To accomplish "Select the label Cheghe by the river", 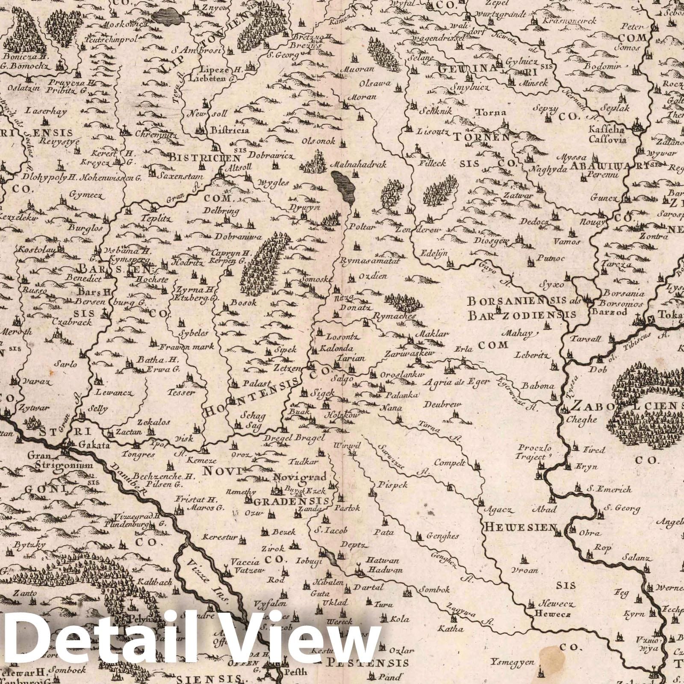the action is tap(581, 419).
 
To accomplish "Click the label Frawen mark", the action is tap(183, 346).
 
